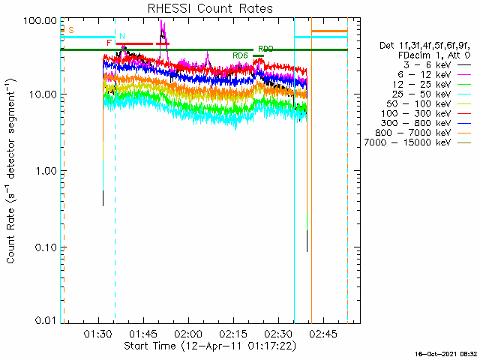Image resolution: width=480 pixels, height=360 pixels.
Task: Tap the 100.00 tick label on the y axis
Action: coord(41,19)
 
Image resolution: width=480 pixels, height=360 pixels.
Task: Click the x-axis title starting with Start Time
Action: coord(210,346)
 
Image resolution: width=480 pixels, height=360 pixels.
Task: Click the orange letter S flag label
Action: coord(71,30)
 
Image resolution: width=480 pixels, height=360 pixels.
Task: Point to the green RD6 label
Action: coord(240,55)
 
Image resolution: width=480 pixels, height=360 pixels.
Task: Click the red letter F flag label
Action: coord(109,43)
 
